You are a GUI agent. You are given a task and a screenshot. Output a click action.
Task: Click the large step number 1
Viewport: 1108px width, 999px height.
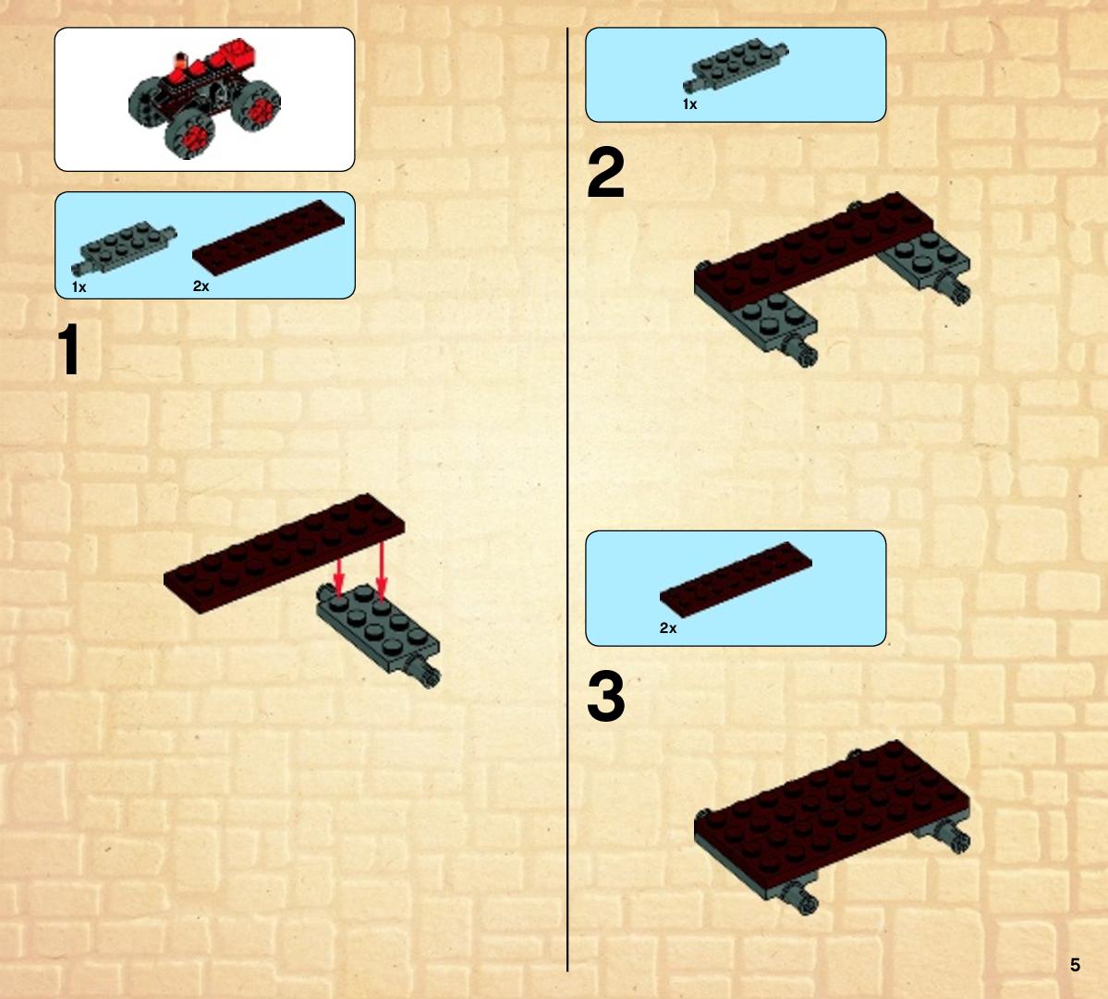[x=69, y=349]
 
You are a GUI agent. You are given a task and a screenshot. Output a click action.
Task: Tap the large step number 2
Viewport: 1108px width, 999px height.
[x=605, y=173]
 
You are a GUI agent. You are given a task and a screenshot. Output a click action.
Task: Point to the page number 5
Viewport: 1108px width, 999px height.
[x=1075, y=965]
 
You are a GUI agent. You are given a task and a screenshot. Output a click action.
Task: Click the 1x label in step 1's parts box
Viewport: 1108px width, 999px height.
[x=79, y=286]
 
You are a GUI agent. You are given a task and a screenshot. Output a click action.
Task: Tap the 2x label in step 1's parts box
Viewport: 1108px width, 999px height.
[x=201, y=286]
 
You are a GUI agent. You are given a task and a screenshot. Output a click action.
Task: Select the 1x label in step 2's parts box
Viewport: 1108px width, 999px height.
[x=689, y=104]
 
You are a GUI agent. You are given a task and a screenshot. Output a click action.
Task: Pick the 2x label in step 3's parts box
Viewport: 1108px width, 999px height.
[x=668, y=628]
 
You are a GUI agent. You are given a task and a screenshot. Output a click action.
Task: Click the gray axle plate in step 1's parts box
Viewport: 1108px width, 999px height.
[x=124, y=248]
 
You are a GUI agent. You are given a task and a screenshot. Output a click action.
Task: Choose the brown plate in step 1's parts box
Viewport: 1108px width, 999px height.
[x=269, y=238]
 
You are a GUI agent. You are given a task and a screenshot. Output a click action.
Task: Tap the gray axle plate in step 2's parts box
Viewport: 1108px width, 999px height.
[x=736, y=66]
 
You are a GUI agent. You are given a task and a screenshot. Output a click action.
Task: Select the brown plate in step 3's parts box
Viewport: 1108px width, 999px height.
[x=736, y=580]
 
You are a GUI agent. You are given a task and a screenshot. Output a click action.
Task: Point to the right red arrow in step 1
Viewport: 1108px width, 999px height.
[x=382, y=571]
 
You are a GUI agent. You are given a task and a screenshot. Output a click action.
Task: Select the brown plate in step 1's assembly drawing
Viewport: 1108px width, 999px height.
[x=284, y=554]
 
